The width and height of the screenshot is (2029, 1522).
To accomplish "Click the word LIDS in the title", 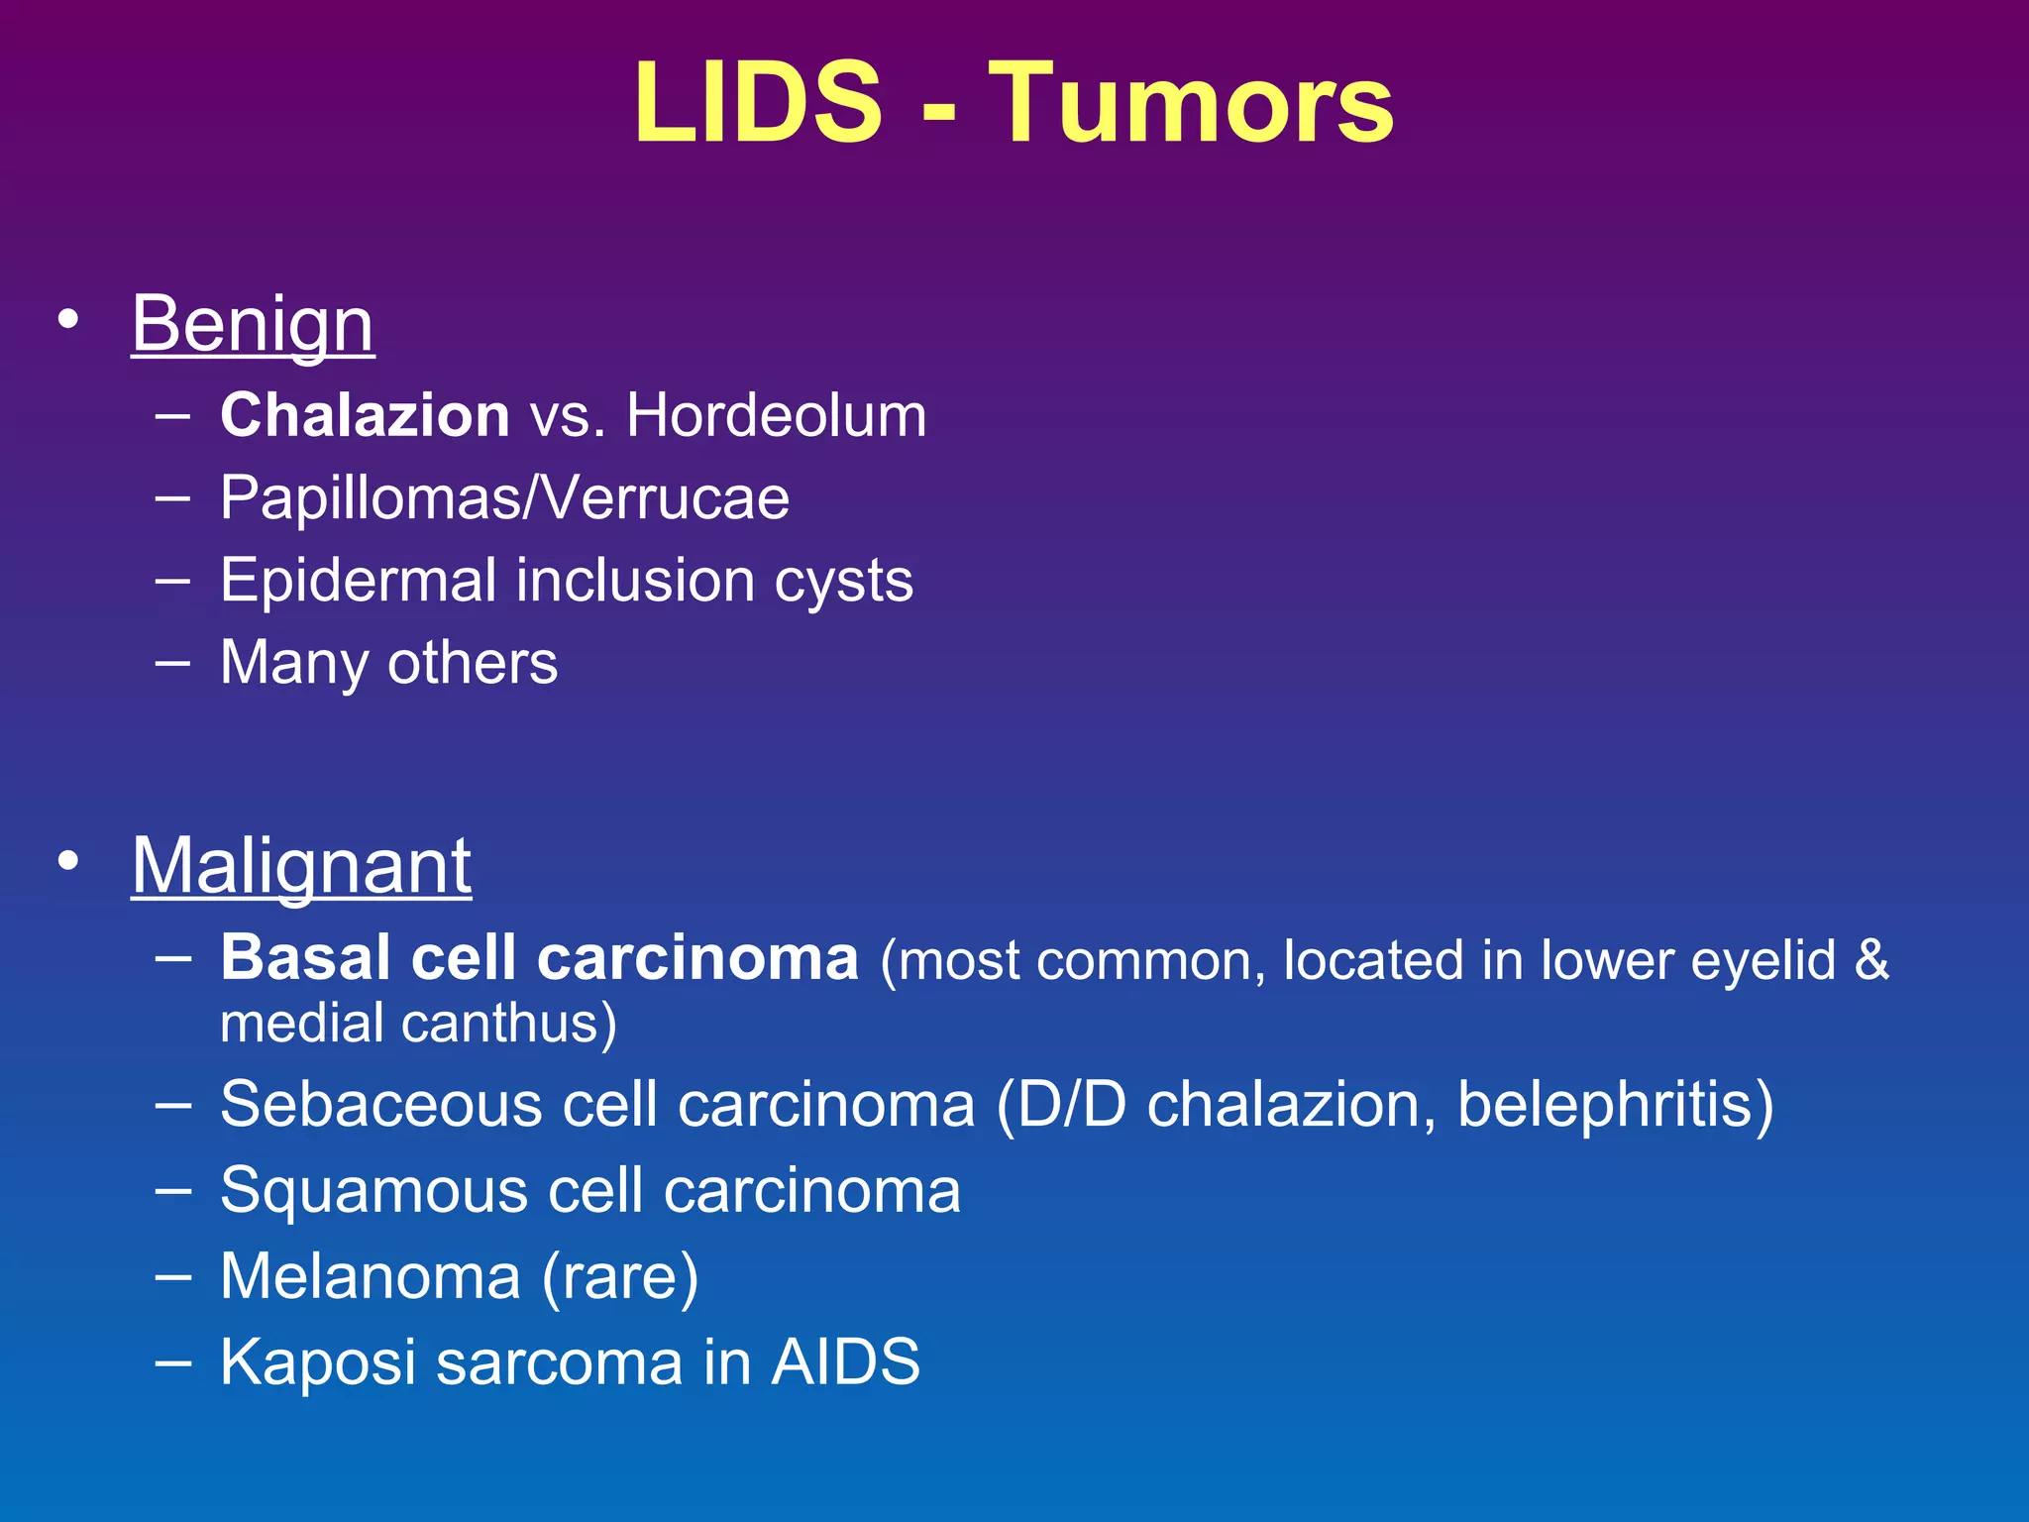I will click(x=758, y=103).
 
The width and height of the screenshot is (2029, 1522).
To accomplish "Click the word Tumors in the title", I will click(x=1192, y=103).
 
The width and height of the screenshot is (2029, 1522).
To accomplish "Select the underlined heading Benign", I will click(x=253, y=323).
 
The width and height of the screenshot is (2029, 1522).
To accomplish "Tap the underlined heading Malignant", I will click(x=301, y=865).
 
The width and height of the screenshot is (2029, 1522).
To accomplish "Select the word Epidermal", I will click(x=358, y=580).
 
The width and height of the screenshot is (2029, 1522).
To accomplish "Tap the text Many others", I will click(x=388, y=662).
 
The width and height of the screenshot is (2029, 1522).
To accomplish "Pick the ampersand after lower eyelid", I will click(x=1871, y=959).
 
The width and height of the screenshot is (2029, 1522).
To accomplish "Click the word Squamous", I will click(x=374, y=1190).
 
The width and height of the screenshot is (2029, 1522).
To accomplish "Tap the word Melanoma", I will click(x=371, y=1276).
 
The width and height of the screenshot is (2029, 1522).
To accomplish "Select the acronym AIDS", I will click(x=845, y=1361).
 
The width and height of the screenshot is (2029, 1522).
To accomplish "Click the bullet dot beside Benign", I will click(x=67, y=320).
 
